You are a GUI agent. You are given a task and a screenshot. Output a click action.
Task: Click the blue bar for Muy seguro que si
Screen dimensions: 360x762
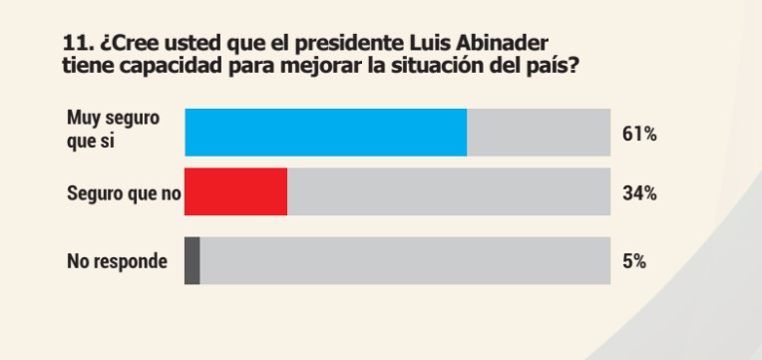(326, 132)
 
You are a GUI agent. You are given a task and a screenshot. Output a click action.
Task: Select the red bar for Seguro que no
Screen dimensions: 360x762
(236, 191)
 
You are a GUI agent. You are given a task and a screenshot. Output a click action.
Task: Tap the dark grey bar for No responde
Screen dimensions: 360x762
(192, 260)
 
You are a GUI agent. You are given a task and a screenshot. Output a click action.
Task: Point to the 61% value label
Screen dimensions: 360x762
(638, 133)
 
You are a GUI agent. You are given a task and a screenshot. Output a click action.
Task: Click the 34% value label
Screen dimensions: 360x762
(638, 192)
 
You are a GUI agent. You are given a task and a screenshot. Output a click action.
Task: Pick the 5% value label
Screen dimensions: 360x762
(635, 261)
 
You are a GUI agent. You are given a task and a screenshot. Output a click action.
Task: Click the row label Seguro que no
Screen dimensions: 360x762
(123, 192)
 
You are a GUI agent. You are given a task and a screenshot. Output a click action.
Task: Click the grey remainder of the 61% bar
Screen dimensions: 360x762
(539, 132)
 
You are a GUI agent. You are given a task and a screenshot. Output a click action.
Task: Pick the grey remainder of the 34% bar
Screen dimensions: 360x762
(449, 191)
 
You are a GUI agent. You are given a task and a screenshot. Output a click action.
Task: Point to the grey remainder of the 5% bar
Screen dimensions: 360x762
(405, 260)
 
